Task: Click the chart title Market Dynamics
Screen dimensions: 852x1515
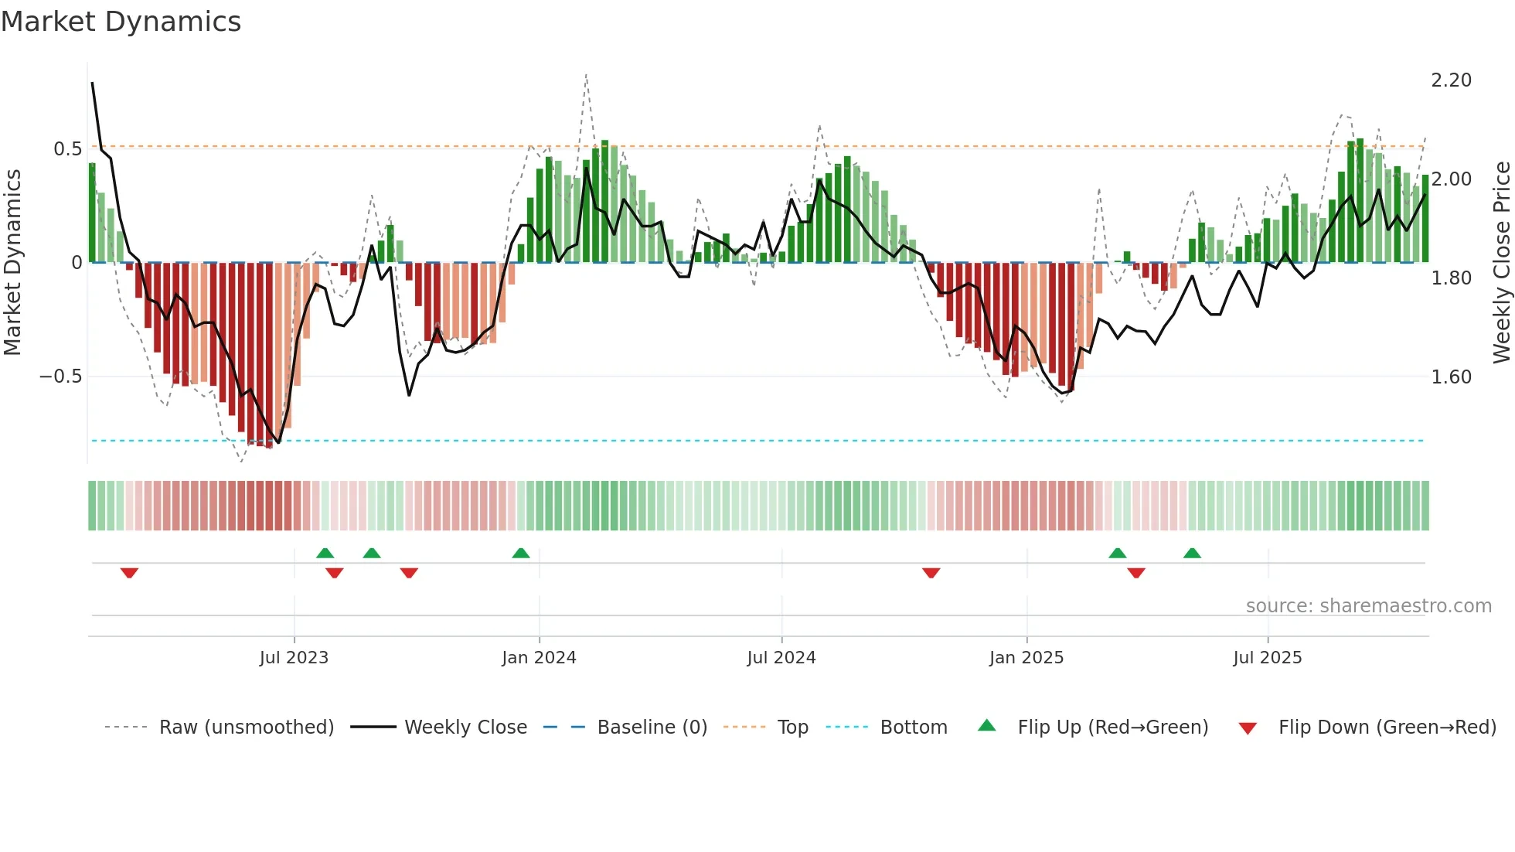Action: click(x=121, y=22)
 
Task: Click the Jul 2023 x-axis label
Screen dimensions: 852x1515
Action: click(x=294, y=658)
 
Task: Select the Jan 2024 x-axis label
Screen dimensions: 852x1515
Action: click(x=539, y=658)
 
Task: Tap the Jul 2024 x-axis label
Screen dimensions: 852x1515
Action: click(x=781, y=658)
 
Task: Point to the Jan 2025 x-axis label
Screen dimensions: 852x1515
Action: click(x=1026, y=658)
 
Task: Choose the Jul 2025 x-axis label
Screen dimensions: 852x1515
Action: click(x=1268, y=658)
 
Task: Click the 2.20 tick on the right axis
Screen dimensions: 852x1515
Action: click(x=1451, y=80)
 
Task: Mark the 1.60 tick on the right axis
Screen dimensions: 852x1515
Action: click(x=1451, y=377)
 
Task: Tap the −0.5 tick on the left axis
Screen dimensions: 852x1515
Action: click(x=60, y=377)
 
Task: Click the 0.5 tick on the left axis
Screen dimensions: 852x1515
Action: click(x=67, y=148)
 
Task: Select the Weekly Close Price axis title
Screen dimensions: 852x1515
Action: click(x=1501, y=263)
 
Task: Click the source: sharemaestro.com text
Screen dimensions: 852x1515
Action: click(x=1368, y=606)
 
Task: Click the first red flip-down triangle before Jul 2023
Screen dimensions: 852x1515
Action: click(x=129, y=573)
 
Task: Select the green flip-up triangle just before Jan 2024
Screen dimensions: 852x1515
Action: click(x=521, y=554)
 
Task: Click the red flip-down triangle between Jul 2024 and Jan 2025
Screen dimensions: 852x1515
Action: click(x=931, y=573)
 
